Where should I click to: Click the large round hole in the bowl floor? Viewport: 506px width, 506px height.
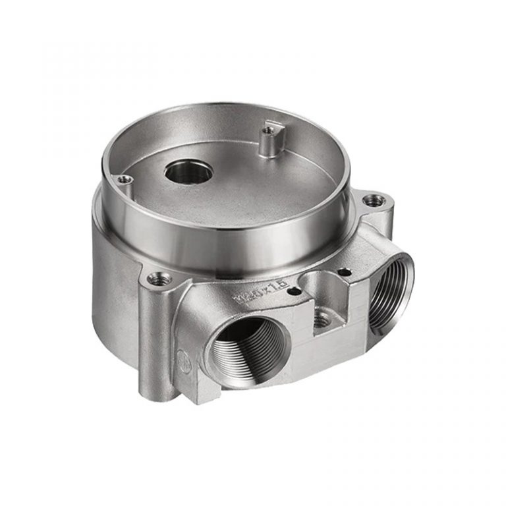tap(188, 172)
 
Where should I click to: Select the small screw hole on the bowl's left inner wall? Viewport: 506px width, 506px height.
tap(122, 178)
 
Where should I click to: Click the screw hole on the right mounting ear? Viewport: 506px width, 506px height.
tap(374, 200)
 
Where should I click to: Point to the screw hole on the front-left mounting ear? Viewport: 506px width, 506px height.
tap(157, 280)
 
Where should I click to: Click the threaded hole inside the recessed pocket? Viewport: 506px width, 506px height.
tap(320, 320)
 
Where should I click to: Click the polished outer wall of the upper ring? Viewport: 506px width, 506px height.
tap(217, 240)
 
